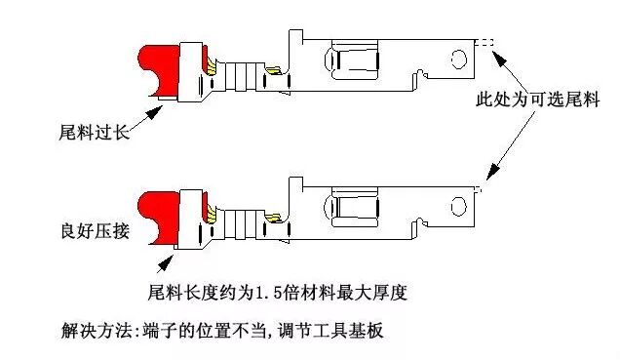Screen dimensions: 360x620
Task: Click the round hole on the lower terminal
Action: (455, 206)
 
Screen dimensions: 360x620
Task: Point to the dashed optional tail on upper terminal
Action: (485, 42)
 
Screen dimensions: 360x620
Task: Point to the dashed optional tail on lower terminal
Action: (478, 188)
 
